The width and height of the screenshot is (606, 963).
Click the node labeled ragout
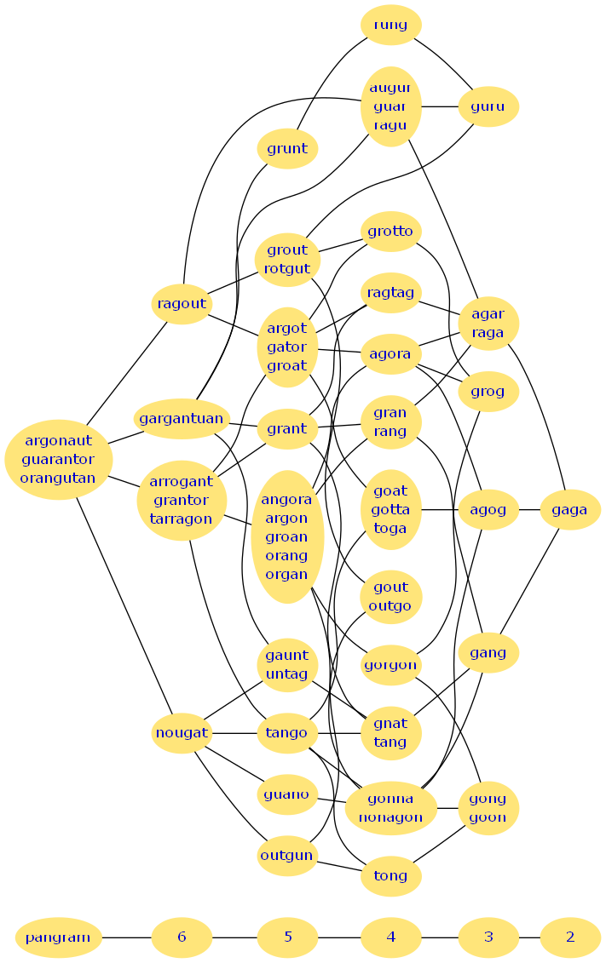tap(182, 304)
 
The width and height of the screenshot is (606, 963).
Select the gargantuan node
tap(182, 418)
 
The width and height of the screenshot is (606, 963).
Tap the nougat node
tap(182, 732)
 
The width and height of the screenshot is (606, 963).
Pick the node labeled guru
tap(488, 106)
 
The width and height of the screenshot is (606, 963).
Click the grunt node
tap(287, 149)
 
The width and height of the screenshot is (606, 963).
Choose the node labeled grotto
tap(390, 232)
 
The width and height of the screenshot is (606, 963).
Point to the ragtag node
tap(390, 293)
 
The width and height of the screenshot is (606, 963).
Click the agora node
tap(390, 354)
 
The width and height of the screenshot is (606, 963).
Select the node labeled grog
tap(488, 392)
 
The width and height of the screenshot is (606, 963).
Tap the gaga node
tap(569, 510)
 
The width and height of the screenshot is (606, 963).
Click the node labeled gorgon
tap(390, 665)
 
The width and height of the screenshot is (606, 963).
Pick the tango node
tap(287, 732)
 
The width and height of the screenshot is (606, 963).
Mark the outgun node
tap(287, 855)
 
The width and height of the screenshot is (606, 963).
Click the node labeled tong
tap(390, 875)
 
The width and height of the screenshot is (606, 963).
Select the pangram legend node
tap(58, 937)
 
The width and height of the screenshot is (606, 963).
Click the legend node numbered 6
tap(182, 937)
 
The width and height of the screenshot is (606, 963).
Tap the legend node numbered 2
tap(569, 937)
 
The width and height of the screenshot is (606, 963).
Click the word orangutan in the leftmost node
tap(58, 478)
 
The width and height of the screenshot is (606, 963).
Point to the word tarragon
tap(181, 519)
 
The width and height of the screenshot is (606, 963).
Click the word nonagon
tap(390, 817)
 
